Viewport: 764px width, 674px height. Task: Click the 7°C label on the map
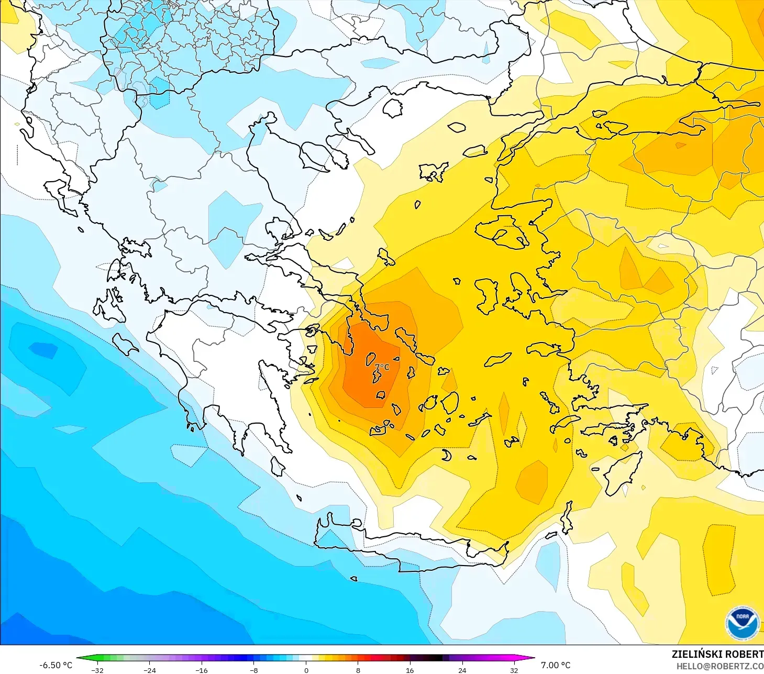click(x=382, y=367)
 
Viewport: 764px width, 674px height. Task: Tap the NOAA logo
click(x=742, y=623)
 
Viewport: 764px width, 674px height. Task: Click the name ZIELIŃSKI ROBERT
click(x=717, y=654)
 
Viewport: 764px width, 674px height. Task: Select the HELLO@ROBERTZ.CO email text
click(x=719, y=666)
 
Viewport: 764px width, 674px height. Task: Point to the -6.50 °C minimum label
click(x=56, y=665)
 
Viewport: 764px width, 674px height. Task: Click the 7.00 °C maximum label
click(x=556, y=665)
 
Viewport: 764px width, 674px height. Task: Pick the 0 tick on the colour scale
click(x=306, y=670)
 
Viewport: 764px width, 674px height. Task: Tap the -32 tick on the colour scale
click(x=97, y=670)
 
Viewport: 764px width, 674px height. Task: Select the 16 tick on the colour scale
click(x=410, y=670)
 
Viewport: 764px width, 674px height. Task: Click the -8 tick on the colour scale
click(x=254, y=670)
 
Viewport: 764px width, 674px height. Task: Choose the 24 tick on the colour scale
click(x=462, y=670)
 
